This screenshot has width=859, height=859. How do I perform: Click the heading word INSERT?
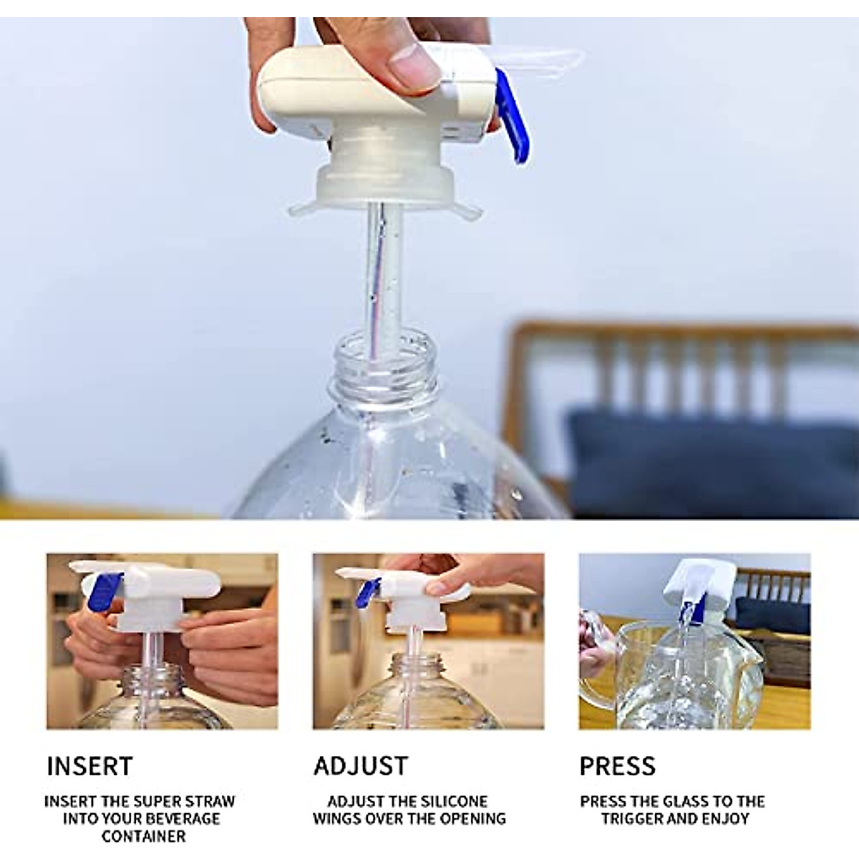coord(89,766)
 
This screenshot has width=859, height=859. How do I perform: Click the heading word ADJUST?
coord(361,766)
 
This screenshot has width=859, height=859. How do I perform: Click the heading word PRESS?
coord(617,766)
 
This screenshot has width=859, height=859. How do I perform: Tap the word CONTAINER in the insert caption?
coord(143,835)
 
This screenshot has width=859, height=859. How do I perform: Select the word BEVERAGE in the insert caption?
coord(183,818)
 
